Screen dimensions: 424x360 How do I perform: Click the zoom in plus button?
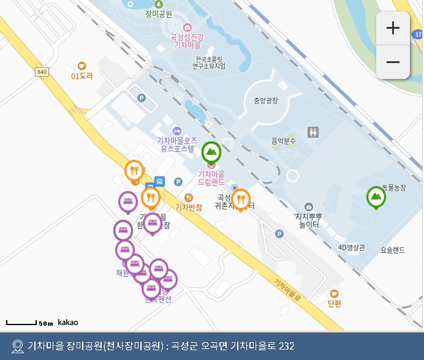[x=393, y=28]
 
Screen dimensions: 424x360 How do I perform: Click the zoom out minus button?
[x=393, y=62]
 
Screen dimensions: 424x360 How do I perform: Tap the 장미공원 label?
[x=159, y=13]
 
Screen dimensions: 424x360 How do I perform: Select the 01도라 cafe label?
[x=81, y=76]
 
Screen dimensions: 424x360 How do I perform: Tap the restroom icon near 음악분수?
[x=314, y=132]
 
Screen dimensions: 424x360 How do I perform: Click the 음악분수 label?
[x=284, y=141]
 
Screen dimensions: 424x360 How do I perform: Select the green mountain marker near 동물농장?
[x=376, y=197]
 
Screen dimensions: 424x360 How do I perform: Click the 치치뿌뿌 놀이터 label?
[x=309, y=220]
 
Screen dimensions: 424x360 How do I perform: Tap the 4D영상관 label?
[x=351, y=248]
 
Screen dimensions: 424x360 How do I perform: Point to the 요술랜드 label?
[x=393, y=250]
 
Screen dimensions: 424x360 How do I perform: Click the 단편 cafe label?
[x=334, y=303]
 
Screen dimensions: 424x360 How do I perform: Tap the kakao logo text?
[x=67, y=322]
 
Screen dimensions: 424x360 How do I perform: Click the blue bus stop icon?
[x=159, y=181]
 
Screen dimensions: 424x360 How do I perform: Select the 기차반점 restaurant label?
[x=189, y=207]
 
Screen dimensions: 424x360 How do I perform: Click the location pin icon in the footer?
[x=17, y=346]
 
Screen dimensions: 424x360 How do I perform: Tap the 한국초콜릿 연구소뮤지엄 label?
[x=209, y=62]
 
